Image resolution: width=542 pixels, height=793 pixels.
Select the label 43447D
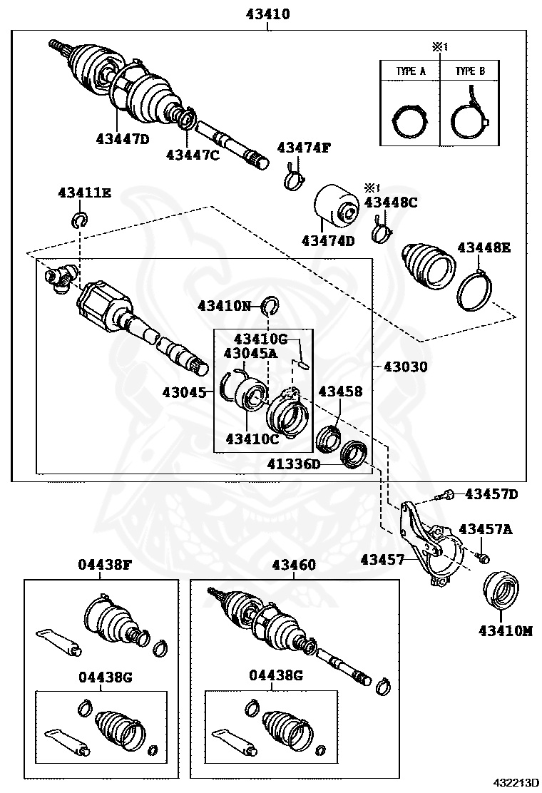tap(123, 139)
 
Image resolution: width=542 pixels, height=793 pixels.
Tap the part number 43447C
tap(193, 154)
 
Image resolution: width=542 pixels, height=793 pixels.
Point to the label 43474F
tap(305, 148)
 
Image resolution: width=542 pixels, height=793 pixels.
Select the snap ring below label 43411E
tap(80, 219)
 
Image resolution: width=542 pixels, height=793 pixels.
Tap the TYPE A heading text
tap(411, 71)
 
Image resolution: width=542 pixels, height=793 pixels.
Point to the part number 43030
tap(406, 367)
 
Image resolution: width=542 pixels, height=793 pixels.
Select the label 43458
tap(340, 391)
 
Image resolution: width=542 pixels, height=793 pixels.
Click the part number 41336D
tap(293, 464)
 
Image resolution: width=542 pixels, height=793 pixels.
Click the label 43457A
tap(486, 529)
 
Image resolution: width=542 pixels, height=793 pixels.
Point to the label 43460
tap(293, 565)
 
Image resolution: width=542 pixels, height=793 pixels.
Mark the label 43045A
tap(250, 352)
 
